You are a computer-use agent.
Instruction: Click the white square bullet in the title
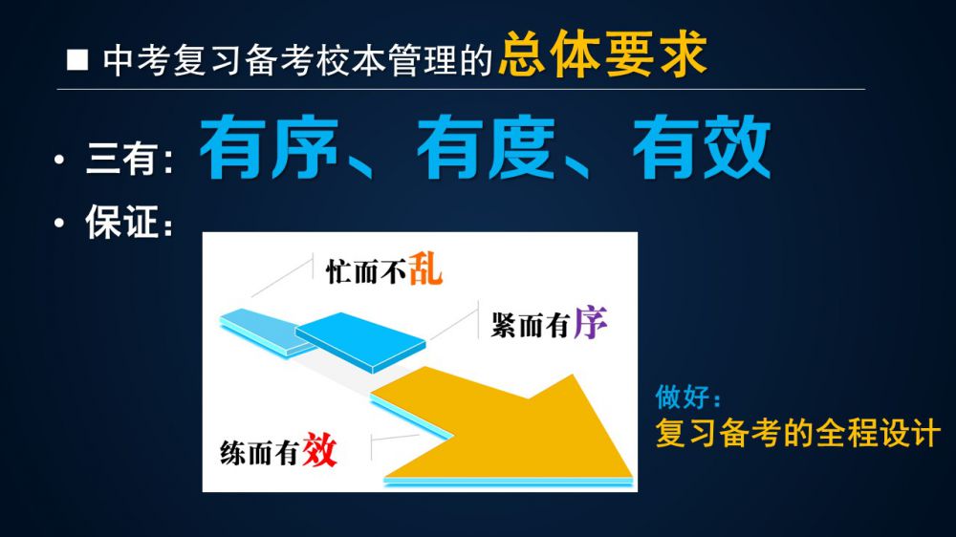[77, 60]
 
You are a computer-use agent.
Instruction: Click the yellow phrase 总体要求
[602, 54]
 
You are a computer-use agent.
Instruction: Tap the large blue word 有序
[269, 147]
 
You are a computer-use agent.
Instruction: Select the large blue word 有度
[486, 147]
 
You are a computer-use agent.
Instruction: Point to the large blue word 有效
[702, 147]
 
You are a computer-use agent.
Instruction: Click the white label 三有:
[130, 159]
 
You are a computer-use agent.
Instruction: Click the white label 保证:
[129, 222]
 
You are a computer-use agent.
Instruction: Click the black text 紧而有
[531, 326]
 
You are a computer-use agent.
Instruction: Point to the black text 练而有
[260, 453]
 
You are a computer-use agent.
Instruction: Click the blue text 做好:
[688, 397]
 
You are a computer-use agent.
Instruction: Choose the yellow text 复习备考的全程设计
[797, 433]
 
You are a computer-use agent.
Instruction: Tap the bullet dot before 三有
[59, 160]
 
